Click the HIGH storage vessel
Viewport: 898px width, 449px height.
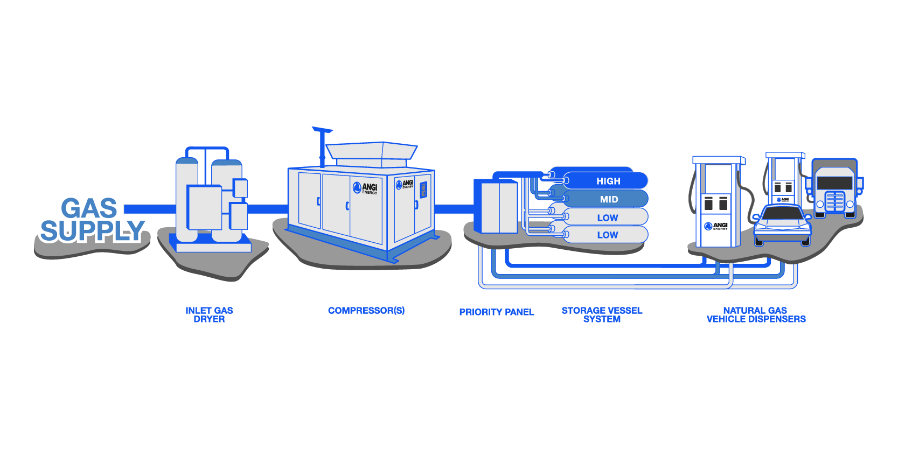(x=608, y=181)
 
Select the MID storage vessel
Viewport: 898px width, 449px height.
(x=608, y=199)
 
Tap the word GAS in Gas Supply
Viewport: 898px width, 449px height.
(x=89, y=208)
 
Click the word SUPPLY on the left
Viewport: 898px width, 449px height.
(x=92, y=231)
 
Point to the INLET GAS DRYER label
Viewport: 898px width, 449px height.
(x=209, y=314)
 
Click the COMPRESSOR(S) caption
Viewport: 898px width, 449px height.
(x=366, y=311)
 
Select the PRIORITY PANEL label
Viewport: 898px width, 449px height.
(x=496, y=312)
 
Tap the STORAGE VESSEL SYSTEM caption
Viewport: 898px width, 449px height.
(x=602, y=314)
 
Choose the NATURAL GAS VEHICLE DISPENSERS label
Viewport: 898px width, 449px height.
(x=756, y=314)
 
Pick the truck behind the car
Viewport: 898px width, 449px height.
(x=834, y=188)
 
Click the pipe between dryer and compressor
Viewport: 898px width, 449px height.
(x=267, y=209)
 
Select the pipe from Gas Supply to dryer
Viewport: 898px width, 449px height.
(x=149, y=209)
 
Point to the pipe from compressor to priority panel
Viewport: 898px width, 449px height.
(x=454, y=209)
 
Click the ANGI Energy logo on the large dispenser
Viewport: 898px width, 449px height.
(x=716, y=226)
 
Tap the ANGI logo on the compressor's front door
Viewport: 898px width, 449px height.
(x=365, y=188)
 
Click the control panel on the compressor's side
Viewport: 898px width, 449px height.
(x=423, y=190)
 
